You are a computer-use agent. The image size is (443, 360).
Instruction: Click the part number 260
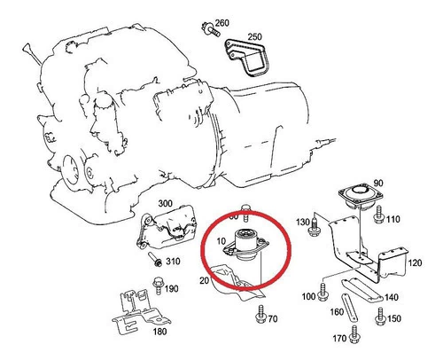[x=221, y=23]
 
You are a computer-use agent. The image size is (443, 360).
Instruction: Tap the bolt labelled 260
[x=211, y=29]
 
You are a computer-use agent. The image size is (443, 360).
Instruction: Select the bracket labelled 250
[x=245, y=59]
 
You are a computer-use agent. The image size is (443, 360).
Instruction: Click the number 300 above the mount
[x=165, y=203]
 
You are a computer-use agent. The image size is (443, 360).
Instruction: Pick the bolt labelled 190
[x=159, y=286]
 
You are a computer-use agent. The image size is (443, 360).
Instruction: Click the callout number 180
[x=159, y=332]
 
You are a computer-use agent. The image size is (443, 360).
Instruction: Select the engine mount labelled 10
[x=245, y=245]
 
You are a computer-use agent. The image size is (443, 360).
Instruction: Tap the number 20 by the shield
[x=205, y=280]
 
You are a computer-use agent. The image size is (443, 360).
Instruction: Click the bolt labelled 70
[x=260, y=314]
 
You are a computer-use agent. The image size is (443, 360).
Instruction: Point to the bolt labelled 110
[x=378, y=215]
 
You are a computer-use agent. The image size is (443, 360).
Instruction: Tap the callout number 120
[x=415, y=262]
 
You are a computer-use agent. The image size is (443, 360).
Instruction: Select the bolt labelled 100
[x=323, y=292]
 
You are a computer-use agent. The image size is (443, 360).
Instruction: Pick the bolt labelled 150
[x=380, y=317]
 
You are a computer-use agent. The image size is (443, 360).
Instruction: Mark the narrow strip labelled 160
[x=349, y=308]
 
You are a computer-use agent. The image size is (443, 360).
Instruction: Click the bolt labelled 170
[x=354, y=334]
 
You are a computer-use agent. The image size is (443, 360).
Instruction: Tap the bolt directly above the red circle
[x=245, y=212]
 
